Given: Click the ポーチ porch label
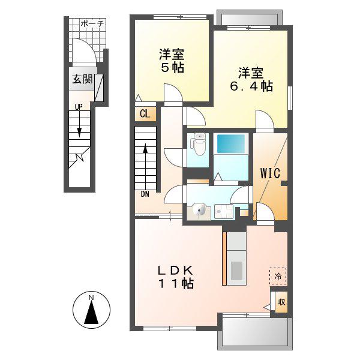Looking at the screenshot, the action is [x=92, y=23].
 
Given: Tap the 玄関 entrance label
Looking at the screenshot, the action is [x=82, y=79].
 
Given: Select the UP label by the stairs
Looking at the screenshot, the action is [x=79, y=107].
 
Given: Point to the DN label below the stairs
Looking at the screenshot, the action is [x=145, y=194].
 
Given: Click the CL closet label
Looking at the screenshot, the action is [x=145, y=113].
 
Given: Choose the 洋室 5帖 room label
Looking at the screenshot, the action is [x=172, y=61].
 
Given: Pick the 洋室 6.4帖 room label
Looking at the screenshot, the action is [x=251, y=79].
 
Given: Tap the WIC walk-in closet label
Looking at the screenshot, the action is [x=270, y=173].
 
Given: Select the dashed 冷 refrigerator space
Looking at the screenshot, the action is [x=278, y=276].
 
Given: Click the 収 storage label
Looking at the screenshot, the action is [x=281, y=302].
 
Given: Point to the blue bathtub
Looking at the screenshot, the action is [x=231, y=144].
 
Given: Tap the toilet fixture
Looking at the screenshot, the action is [x=198, y=145].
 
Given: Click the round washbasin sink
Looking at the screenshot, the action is [x=199, y=209].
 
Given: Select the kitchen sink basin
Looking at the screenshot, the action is [x=236, y=271].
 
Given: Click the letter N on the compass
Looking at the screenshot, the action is [x=91, y=298].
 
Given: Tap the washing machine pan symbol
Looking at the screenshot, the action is [x=224, y=212].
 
